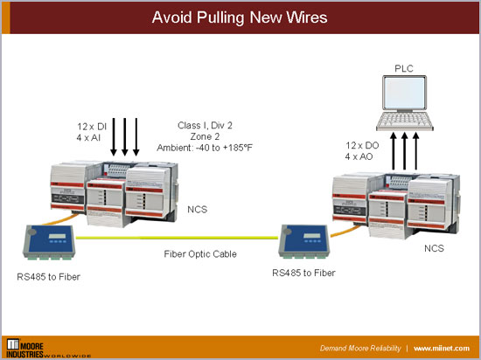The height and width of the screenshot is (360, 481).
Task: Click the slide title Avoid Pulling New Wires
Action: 240,17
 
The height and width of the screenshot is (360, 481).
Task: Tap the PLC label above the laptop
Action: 403,67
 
